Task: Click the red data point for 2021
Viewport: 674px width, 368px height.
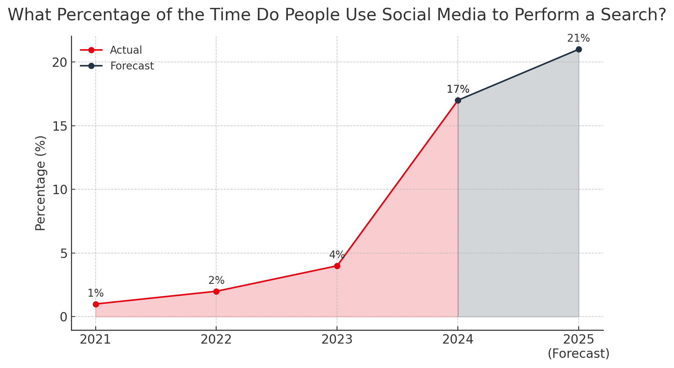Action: point(96,304)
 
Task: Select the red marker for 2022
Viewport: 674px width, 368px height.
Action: point(216,291)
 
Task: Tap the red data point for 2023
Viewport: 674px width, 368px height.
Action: point(337,266)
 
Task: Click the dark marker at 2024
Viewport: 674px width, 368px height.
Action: point(458,100)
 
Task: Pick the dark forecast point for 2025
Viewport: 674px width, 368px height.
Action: point(579,49)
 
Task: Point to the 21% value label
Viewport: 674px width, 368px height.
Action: point(578,38)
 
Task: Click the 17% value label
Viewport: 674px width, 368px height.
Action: point(458,89)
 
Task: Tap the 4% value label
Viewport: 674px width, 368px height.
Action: point(337,255)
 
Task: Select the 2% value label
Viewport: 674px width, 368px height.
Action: point(216,281)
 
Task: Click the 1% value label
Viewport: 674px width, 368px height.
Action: point(96,293)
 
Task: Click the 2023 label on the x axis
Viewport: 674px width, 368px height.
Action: point(337,340)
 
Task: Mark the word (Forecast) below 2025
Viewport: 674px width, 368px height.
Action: point(578,354)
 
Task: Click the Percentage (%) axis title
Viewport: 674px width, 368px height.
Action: point(41,183)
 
